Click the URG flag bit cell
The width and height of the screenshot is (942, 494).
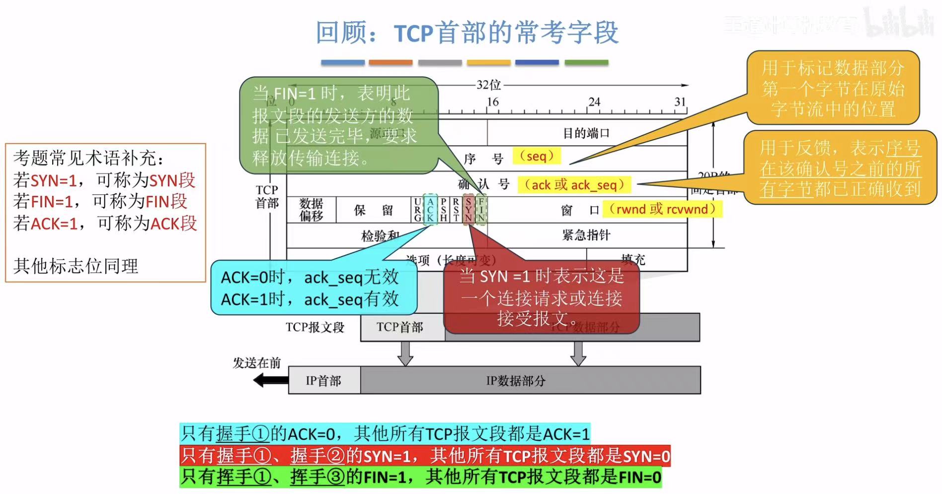[x=417, y=210]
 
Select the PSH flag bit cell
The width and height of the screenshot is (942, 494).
[x=443, y=210]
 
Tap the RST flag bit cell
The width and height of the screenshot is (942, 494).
[x=456, y=210]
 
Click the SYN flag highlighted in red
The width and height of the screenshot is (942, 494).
[x=468, y=210]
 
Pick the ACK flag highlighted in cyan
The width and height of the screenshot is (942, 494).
[x=430, y=210]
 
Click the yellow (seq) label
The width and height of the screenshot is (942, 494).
[x=536, y=156]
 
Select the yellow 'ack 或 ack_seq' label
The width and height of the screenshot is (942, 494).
[x=574, y=185]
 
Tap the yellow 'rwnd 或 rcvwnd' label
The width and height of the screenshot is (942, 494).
[x=662, y=209]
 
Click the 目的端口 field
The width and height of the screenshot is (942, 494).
[x=586, y=133]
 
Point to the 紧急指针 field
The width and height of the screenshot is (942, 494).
[x=586, y=235]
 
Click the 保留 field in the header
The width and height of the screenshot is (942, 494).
[x=374, y=210]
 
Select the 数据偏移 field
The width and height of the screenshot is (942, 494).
[x=311, y=210]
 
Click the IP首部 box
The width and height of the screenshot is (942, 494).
[x=324, y=381]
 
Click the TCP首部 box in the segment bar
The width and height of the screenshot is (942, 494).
[x=400, y=327]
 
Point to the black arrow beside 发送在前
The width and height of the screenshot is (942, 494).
[x=270, y=381]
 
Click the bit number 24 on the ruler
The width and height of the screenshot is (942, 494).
[x=594, y=102]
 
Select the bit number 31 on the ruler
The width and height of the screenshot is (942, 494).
[x=680, y=102]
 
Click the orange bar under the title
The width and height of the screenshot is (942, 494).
[x=391, y=63]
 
